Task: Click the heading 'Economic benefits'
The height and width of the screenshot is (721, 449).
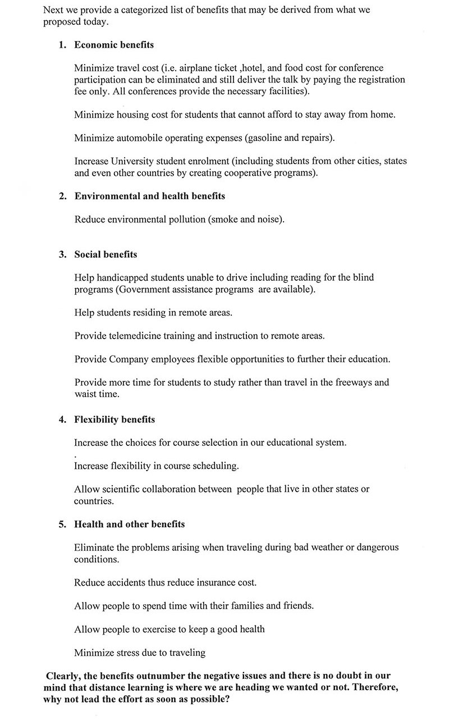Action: pos(114,45)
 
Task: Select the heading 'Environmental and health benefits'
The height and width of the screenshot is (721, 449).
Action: pos(150,196)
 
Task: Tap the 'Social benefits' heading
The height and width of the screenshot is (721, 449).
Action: pos(106,254)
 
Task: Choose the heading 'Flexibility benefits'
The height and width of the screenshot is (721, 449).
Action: pos(114,419)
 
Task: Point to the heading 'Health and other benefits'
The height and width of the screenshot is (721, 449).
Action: pos(129,524)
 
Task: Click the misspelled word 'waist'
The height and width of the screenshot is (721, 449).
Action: pos(85,394)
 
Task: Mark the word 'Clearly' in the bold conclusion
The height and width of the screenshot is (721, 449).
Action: pos(63,676)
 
